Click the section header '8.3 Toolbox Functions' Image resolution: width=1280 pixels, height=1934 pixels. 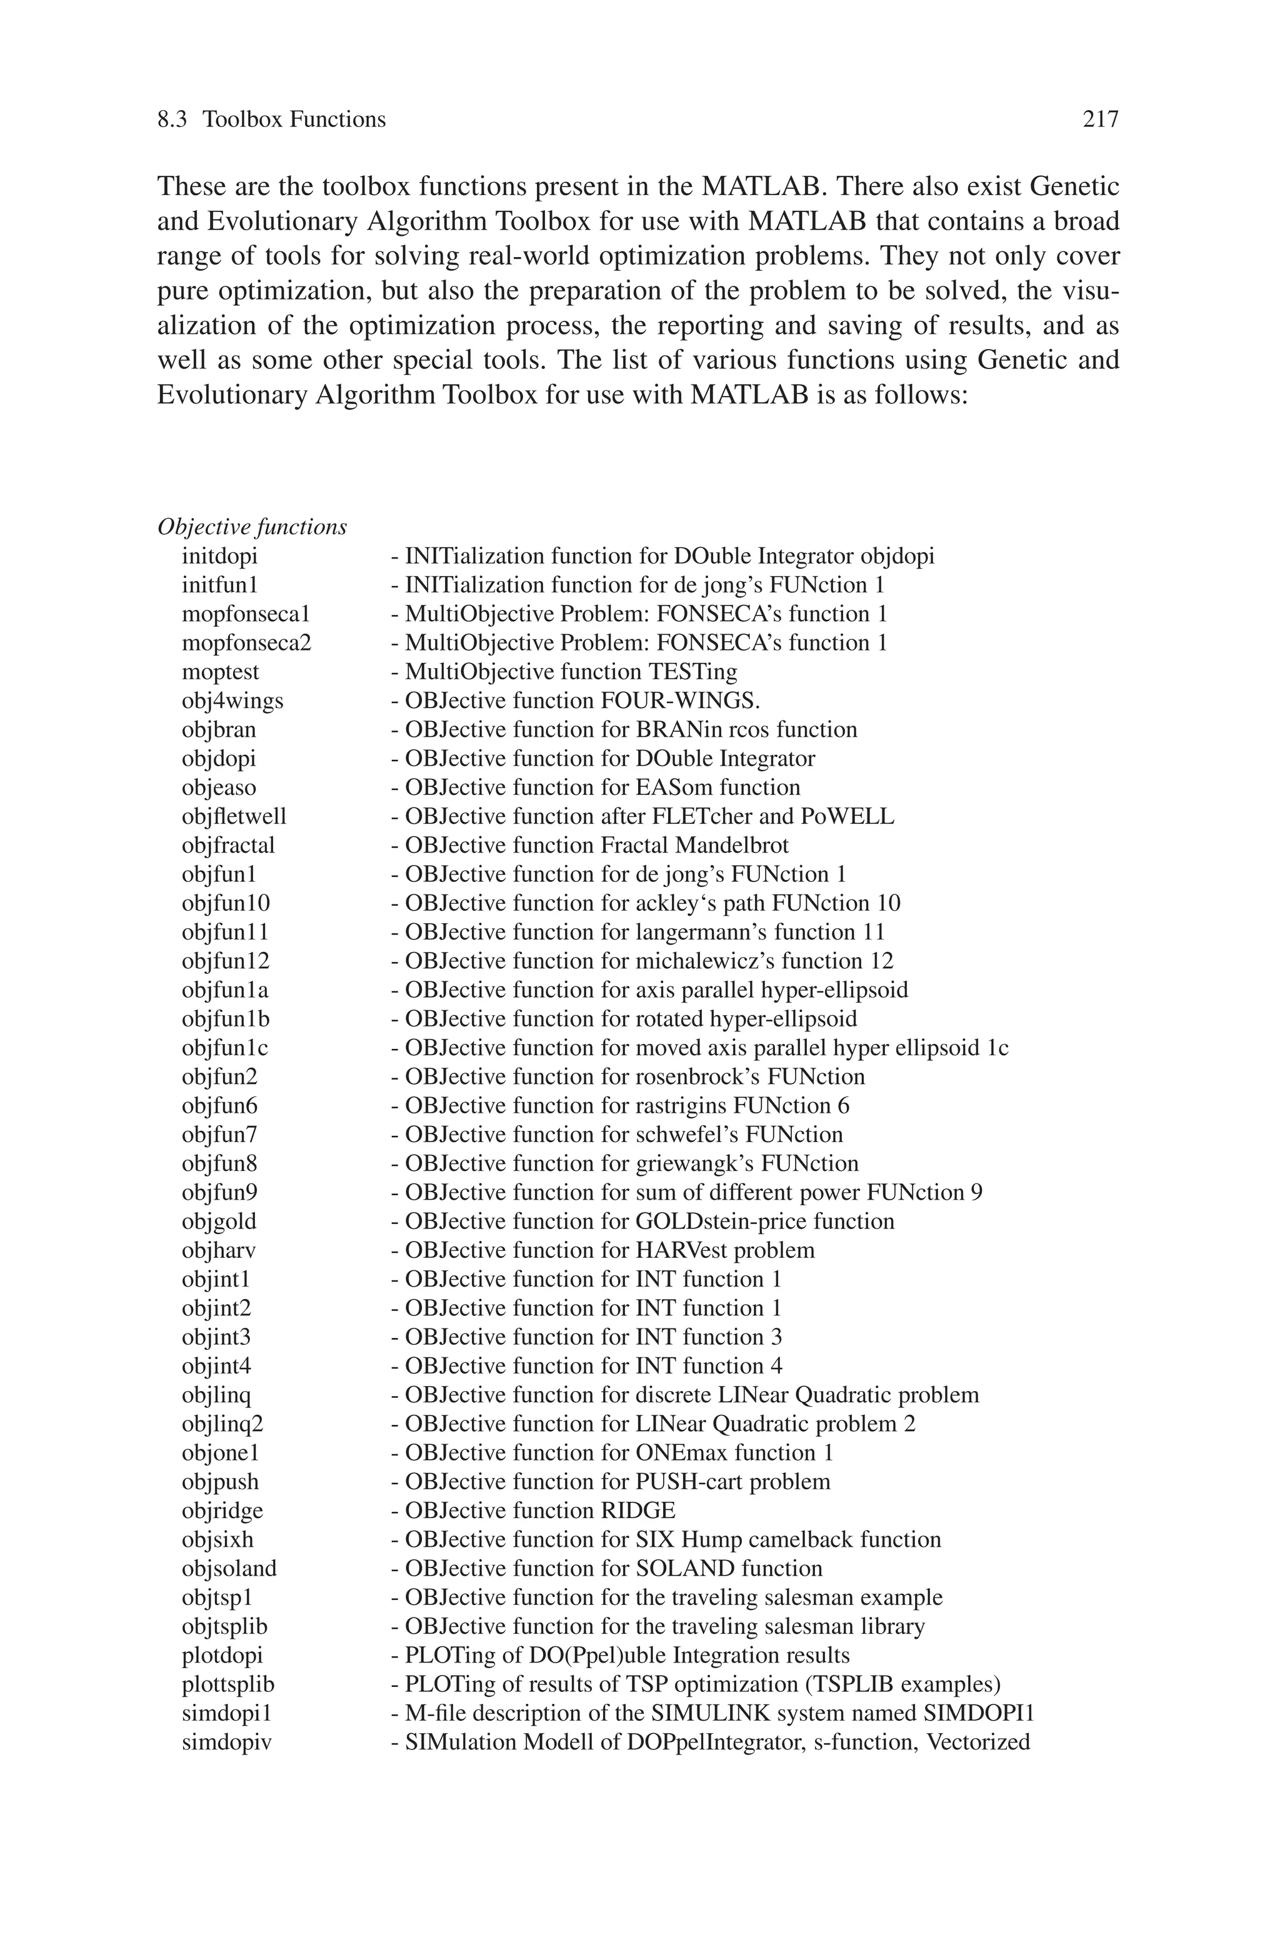pos(271,120)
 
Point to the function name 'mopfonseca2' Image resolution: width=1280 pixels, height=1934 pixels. pos(246,644)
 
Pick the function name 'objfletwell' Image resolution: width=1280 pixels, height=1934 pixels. pos(234,817)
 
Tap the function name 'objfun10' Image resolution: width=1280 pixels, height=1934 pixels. pos(226,903)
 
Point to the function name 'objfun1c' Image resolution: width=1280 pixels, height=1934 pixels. pos(225,1048)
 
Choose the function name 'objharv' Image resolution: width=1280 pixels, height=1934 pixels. pos(219,1250)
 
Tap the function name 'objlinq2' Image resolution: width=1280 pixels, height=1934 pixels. pos(223,1424)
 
